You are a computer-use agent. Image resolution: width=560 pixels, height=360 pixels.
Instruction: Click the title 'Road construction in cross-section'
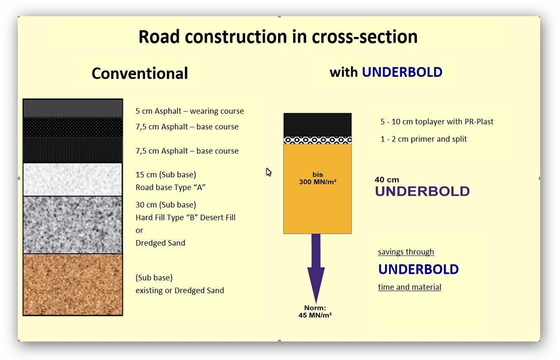277,36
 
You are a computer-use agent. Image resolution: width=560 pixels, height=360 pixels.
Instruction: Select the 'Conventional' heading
139,73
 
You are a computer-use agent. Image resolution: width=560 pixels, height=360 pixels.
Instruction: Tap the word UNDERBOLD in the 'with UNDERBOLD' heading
402,72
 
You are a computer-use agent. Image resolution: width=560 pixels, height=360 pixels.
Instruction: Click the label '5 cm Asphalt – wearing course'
189,111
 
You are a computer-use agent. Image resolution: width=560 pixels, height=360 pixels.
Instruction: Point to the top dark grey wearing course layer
72,108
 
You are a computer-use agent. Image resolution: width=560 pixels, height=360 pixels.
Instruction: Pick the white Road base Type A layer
72,179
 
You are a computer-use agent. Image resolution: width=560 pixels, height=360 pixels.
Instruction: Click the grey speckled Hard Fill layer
72,224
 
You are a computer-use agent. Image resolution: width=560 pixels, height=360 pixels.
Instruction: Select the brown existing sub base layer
72,284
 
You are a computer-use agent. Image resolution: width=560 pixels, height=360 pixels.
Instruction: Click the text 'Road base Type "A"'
170,187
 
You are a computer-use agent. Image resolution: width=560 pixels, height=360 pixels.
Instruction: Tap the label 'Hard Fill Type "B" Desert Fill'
185,217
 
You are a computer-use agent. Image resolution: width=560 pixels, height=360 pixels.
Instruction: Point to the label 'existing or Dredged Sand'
179,291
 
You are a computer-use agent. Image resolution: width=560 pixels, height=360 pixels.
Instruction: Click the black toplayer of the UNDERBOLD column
317,124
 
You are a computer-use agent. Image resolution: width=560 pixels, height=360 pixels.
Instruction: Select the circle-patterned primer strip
317,140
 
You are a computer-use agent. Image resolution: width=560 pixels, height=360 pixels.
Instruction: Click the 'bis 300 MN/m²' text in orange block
317,178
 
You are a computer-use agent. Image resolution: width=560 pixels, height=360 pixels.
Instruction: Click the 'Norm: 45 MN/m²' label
315,311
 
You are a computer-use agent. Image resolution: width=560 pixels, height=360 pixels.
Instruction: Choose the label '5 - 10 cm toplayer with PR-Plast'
436,122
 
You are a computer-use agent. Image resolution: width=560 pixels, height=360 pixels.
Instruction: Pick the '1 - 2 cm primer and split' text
423,139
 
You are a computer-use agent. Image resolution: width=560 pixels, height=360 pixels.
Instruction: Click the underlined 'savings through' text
406,252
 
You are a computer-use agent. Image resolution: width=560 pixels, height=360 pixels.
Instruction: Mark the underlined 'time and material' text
409,287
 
